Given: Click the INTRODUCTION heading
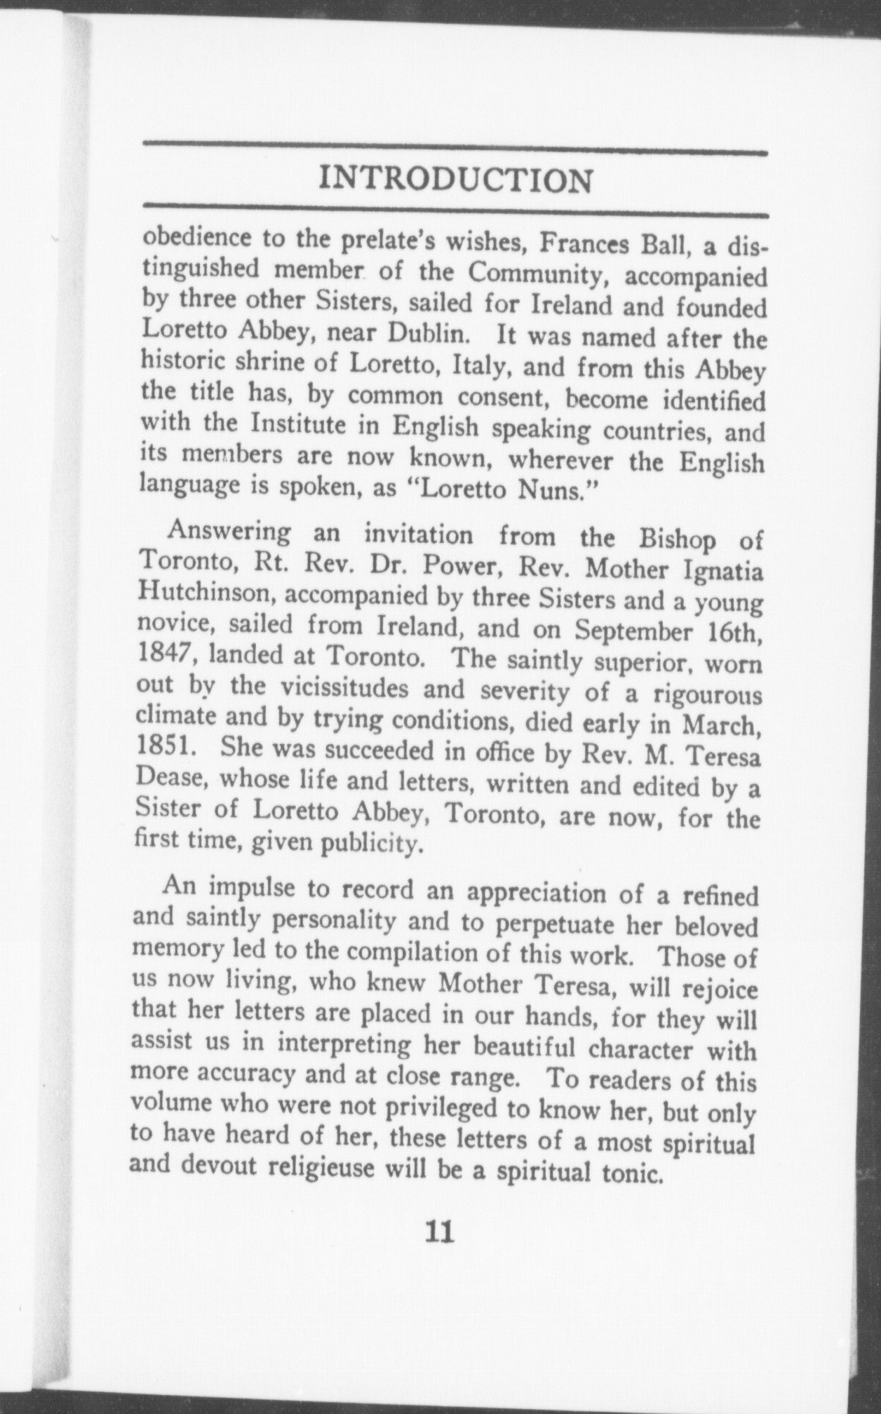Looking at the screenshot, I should pos(455,180).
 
